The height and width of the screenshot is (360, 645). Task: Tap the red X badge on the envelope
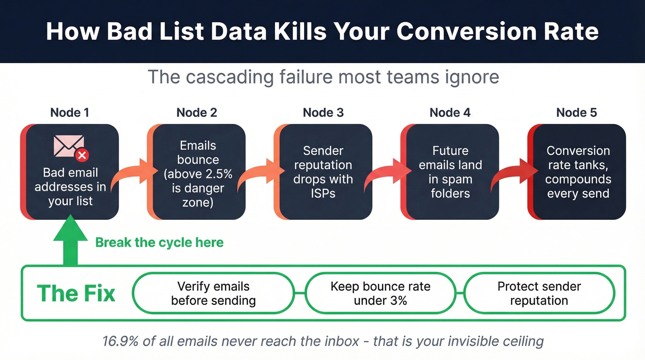(82, 155)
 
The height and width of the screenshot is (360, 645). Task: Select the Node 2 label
(197, 112)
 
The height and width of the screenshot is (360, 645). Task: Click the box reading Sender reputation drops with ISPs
(323, 172)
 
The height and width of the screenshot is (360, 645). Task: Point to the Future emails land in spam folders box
(450, 172)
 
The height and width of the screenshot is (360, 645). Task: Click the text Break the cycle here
(159, 242)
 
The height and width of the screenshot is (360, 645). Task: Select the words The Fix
(76, 293)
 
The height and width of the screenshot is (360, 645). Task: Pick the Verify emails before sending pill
(213, 293)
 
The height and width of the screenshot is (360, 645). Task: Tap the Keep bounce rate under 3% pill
(380, 293)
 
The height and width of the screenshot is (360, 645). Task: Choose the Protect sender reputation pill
(539, 293)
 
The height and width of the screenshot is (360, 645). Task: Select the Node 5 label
(576, 112)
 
